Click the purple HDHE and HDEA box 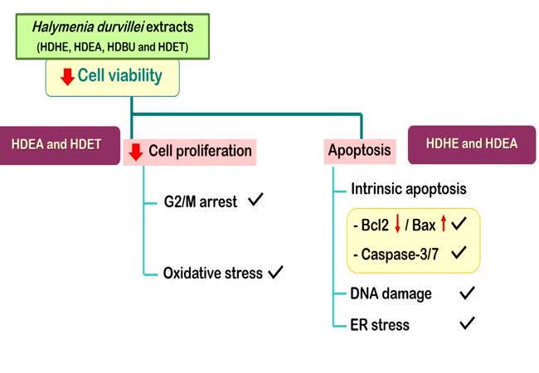(471, 143)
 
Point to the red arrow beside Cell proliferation (136, 151)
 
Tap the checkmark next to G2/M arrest (256, 200)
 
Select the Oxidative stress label (212, 272)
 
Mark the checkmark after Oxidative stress (276, 271)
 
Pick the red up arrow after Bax (444, 222)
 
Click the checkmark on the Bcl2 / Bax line (459, 222)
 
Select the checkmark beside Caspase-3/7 (458, 252)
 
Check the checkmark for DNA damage (467, 292)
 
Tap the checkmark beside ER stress (467, 322)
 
